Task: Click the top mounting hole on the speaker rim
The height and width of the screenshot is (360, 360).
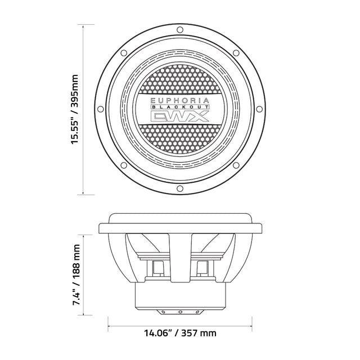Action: pos(180,30)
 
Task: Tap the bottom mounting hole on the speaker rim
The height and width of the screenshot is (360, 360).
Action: pos(180,188)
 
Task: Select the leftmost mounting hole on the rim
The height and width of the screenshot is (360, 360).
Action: pos(100,109)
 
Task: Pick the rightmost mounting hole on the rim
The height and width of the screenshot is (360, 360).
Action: pos(259,109)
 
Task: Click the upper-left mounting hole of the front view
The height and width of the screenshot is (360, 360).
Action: pos(124,53)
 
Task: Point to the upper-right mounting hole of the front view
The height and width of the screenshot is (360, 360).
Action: pos(236,53)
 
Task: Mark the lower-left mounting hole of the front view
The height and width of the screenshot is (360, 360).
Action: pos(124,165)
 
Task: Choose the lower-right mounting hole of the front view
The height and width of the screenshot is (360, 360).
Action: pos(236,165)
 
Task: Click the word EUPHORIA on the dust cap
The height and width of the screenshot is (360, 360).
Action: pos(180,101)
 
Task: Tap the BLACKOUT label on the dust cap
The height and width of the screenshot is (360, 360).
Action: pos(180,107)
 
